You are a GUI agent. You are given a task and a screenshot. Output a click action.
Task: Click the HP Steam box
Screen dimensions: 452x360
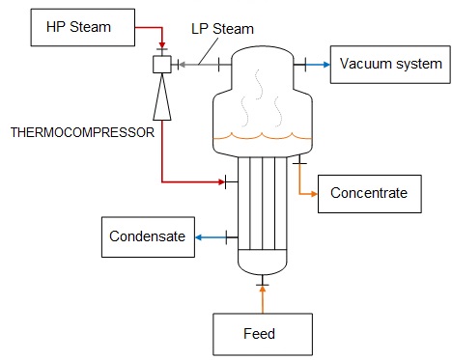(x=83, y=27)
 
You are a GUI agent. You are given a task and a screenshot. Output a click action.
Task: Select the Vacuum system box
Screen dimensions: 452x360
(x=390, y=65)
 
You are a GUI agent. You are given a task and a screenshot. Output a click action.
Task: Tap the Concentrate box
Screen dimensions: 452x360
(x=370, y=194)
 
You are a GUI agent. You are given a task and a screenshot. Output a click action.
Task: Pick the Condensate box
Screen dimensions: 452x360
(x=148, y=237)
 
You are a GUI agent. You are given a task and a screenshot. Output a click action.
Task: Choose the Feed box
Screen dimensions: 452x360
(x=263, y=334)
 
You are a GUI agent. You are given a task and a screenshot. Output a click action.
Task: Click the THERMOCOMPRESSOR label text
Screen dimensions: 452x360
(x=82, y=132)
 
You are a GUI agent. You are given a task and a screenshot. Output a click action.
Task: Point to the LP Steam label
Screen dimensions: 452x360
(x=222, y=29)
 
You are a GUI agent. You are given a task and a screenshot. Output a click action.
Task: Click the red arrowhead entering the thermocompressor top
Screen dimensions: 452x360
(x=162, y=44)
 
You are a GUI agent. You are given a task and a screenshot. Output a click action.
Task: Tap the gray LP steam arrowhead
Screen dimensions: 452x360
(x=182, y=65)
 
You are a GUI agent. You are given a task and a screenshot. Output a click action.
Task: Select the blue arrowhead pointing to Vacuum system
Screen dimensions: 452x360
(x=326, y=65)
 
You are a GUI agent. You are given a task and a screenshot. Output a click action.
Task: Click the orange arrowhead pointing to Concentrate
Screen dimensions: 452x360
(x=314, y=194)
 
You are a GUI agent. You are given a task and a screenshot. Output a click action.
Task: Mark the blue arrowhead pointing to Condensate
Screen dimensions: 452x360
(x=199, y=237)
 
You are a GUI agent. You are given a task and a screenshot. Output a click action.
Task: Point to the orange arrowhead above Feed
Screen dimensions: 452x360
(x=263, y=290)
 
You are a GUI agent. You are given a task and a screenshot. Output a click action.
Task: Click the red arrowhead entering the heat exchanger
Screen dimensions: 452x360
(x=221, y=182)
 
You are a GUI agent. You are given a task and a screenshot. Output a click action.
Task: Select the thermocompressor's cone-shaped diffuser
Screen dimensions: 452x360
(x=162, y=97)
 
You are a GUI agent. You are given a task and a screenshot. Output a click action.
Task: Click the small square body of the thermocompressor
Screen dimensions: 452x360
(x=162, y=65)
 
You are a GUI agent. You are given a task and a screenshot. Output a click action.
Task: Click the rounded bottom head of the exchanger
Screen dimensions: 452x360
(x=263, y=262)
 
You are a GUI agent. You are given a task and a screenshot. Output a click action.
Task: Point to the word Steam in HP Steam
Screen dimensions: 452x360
(x=90, y=27)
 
